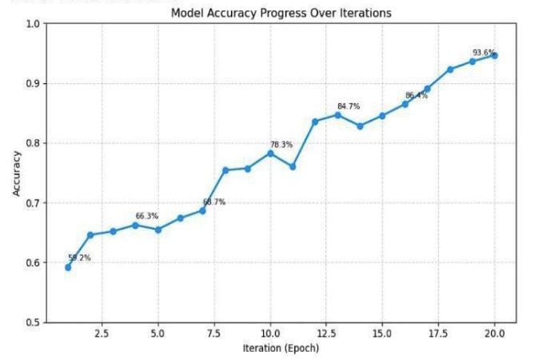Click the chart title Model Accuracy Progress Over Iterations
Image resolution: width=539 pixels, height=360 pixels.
pyautogui.click(x=281, y=14)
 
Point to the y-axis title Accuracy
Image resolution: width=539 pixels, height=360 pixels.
pyautogui.click(x=17, y=173)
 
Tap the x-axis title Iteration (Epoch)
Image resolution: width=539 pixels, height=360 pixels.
pyautogui.click(x=281, y=348)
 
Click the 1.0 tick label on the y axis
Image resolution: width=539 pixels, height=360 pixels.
pyautogui.click(x=31, y=24)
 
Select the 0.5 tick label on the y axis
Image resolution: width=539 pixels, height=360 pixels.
pyautogui.click(x=31, y=322)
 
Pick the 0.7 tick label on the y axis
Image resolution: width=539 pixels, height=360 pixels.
pyautogui.click(x=31, y=203)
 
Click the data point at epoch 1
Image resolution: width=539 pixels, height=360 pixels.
pyautogui.click(x=68, y=267)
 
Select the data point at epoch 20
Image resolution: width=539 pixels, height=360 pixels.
pyautogui.click(x=495, y=55)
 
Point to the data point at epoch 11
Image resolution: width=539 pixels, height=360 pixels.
pyautogui.click(x=293, y=166)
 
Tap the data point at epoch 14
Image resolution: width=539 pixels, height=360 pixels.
pyautogui.click(x=360, y=126)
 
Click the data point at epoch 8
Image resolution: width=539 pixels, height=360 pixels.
pyautogui.click(x=226, y=170)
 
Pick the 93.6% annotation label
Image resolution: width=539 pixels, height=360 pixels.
pyautogui.click(x=484, y=53)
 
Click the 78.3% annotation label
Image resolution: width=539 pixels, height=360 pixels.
pyautogui.click(x=281, y=145)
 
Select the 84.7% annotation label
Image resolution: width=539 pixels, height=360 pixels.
pyautogui.click(x=349, y=106)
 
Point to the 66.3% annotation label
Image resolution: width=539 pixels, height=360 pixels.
pyautogui.click(x=147, y=216)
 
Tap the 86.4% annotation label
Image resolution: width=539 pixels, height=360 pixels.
pyautogui.click(x=417, y=96)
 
